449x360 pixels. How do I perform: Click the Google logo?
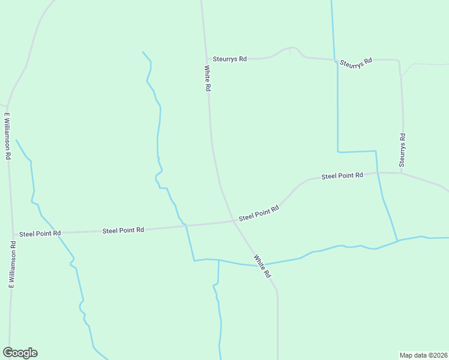click(20, 353)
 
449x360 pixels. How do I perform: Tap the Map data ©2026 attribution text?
click(423, 355)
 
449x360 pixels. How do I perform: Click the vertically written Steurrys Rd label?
click(403, 150)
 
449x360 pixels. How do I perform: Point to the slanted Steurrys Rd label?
click(356, 62)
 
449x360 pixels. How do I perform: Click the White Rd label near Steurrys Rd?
click(207, 78)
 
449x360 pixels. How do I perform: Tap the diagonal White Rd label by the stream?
click(262, 266)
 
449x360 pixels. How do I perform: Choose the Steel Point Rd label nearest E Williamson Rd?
click(40, 233)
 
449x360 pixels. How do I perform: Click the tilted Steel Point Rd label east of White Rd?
click(259, 212)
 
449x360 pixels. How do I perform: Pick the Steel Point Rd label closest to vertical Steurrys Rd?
click(342, 176)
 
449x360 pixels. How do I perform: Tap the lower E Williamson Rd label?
click(11, 264)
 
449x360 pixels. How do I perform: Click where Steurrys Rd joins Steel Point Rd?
click(402, 173)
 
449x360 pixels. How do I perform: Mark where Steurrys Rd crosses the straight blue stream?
click(335, 61)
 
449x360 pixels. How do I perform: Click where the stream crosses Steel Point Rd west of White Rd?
click(186, 226)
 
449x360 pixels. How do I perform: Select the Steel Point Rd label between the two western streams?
click(123, 230)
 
